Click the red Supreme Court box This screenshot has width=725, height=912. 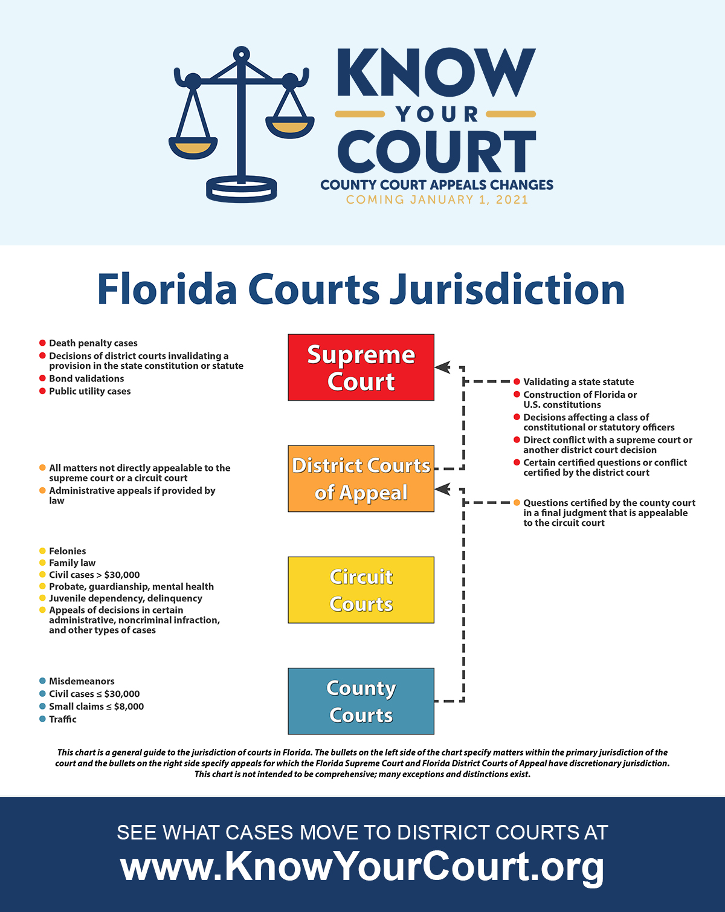(361, 367)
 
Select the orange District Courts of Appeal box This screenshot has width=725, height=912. (361, 479)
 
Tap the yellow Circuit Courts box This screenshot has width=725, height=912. (361, 590)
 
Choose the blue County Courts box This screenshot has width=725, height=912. (361, 701)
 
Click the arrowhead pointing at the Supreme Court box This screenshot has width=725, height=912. (443, 367)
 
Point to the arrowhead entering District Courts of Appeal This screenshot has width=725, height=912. (443, 489)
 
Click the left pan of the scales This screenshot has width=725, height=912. (193, 147)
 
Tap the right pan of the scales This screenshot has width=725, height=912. (291, 128)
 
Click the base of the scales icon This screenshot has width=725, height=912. (242, 189)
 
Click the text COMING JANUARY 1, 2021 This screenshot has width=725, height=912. (437, 200)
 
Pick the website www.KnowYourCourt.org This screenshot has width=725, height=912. (362, 866)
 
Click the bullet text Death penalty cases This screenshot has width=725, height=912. (93, 343)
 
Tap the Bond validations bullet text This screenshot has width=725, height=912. (86, 378)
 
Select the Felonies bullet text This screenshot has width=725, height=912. (67, 551)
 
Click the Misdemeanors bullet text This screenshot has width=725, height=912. (82, 681)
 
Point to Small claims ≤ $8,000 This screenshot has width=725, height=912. (96, 707)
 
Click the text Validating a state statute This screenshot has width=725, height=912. (578, 382)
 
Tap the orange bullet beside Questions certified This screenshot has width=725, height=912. (517, 503)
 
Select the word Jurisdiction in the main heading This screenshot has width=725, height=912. (507, 289)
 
